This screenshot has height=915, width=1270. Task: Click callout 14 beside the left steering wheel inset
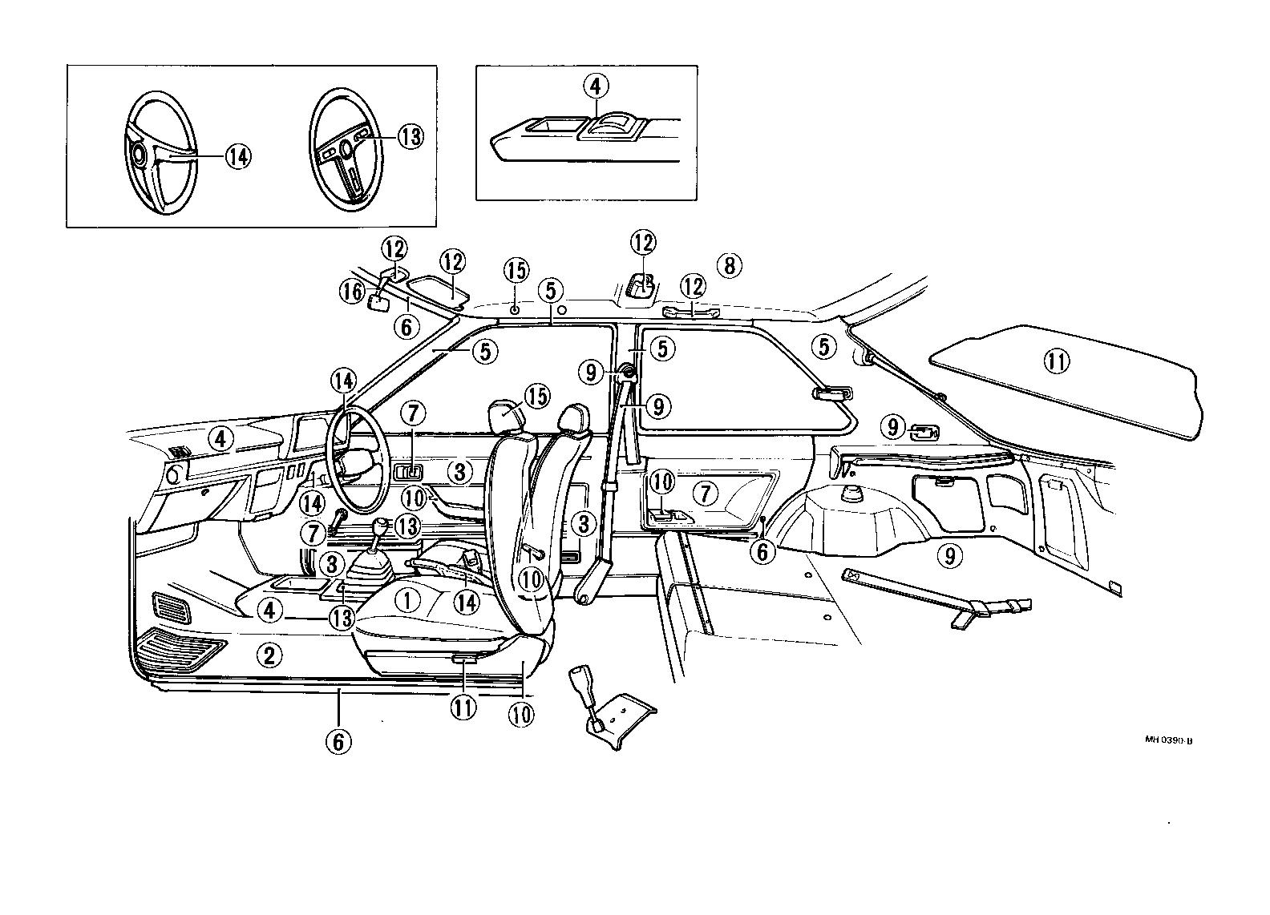pos(237,157)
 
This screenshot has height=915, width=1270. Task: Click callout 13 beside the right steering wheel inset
pos(409,137)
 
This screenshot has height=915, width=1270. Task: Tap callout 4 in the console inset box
pos(597,86)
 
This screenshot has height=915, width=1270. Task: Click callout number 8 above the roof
pos(729,265)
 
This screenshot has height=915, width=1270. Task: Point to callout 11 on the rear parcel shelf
pos(1056,362)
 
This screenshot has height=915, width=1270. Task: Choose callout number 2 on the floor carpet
pos(269,656)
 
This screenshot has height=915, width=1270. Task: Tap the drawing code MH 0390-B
pos(1168,740)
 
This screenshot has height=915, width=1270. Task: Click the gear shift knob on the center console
pos(382,530)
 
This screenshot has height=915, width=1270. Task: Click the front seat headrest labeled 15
pos(506,416)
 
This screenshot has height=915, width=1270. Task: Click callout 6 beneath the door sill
pos(338,741)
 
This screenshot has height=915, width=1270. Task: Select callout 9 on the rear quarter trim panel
pos(949,554)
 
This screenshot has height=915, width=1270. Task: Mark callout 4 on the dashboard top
pos(222,438)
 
